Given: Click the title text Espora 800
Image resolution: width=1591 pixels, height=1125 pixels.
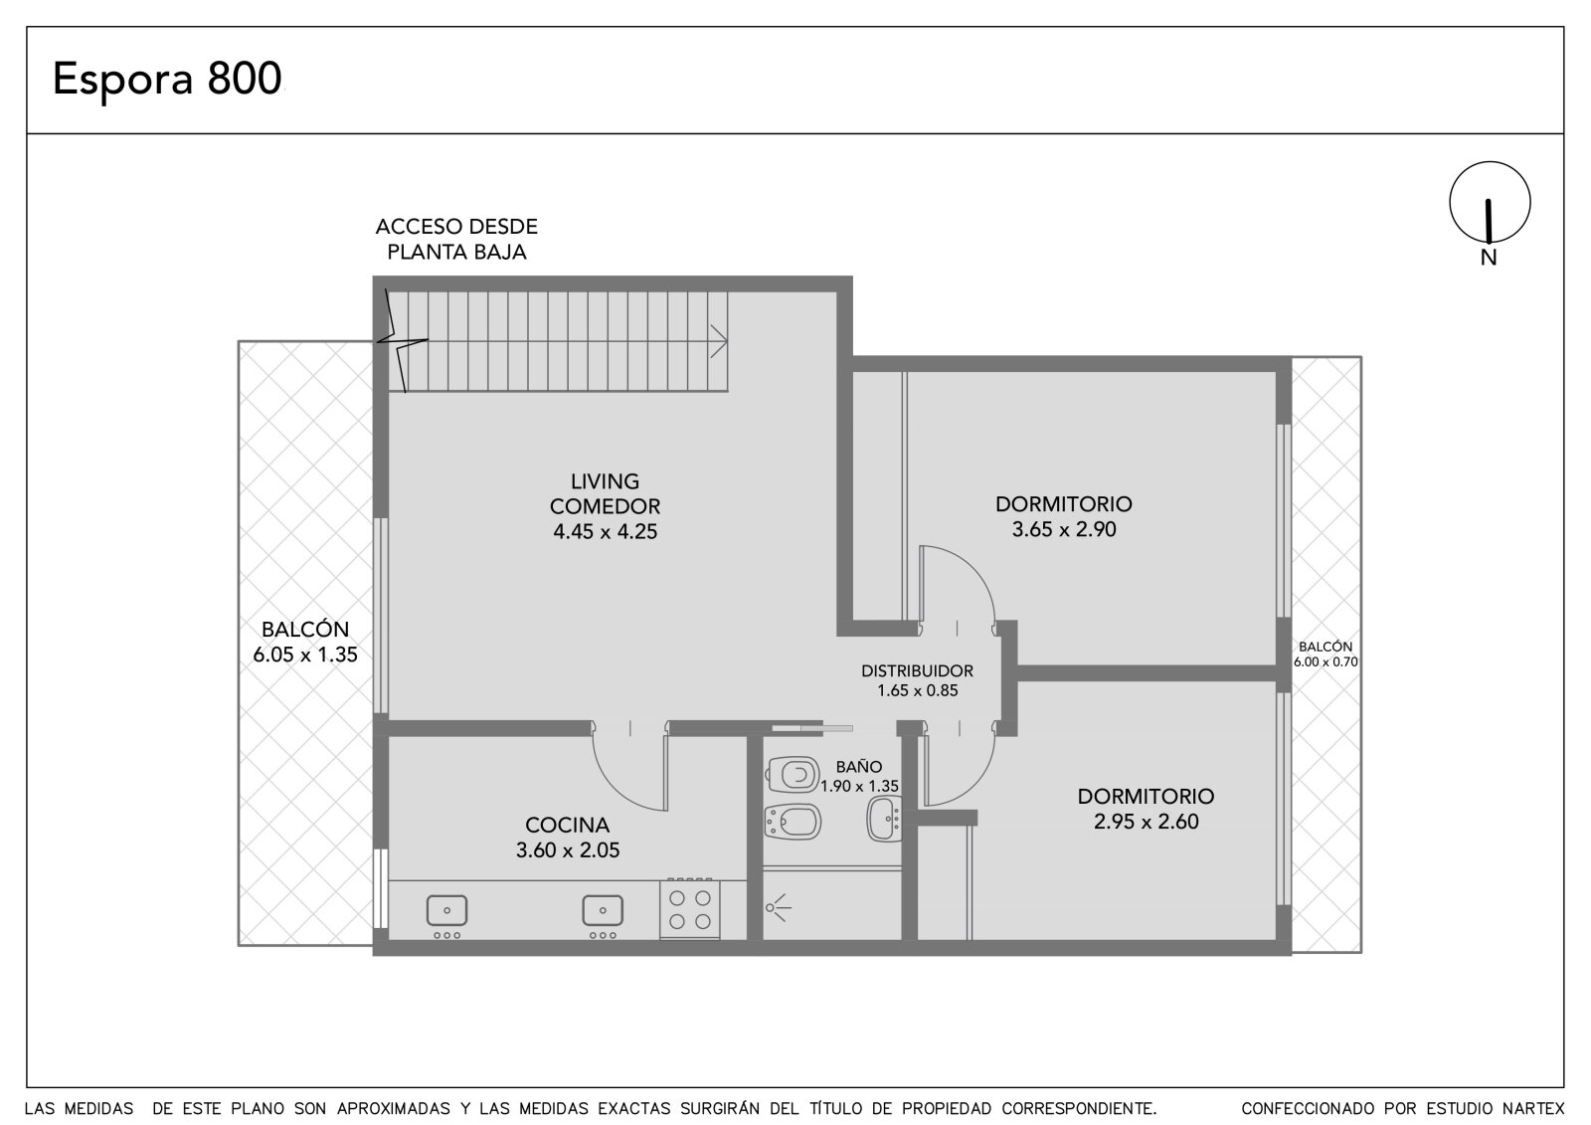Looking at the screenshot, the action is (168, 79).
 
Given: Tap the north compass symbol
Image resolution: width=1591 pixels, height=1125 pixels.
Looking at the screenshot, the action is (1490, 203).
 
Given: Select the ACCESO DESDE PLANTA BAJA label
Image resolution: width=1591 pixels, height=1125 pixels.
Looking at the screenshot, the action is (456, 240).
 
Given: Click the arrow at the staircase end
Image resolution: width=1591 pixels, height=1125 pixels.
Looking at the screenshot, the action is (719, 342).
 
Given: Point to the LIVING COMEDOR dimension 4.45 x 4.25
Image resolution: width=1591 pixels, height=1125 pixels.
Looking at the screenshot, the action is (606, 531).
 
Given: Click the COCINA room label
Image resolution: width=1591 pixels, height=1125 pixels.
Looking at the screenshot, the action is (568, 825).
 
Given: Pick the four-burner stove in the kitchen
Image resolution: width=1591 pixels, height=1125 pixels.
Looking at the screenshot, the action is (690, 909).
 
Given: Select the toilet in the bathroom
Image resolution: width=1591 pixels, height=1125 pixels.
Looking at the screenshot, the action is (793, 775).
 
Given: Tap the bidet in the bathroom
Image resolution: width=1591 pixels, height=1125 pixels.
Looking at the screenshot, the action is (793, 823).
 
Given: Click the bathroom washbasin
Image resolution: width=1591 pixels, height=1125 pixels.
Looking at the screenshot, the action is (885, 819).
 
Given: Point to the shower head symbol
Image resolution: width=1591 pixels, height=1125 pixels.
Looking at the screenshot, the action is (778, 907).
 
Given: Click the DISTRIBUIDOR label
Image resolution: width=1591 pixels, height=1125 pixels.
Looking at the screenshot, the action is (917, 670).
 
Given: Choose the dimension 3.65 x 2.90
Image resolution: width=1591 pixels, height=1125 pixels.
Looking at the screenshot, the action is (1064, 529).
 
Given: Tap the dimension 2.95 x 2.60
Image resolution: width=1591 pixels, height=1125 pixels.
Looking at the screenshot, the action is (1146, 822).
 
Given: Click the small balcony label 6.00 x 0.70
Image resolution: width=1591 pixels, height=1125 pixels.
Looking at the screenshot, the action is (1326, 662).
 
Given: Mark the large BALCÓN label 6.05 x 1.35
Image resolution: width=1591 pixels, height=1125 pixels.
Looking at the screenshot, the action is (305, 642).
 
